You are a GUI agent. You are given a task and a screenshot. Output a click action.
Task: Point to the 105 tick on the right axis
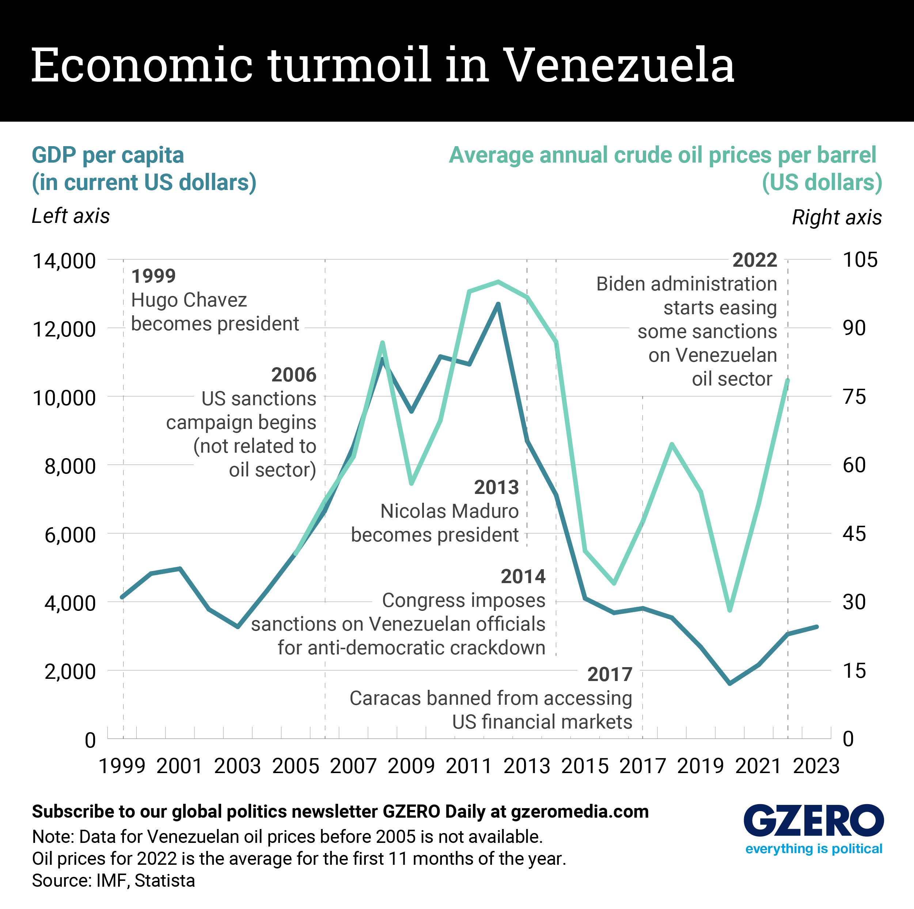click(860, 260)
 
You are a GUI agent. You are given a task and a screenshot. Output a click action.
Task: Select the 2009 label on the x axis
click(411, 766)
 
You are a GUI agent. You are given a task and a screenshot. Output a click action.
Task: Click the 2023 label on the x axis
click(816, 766)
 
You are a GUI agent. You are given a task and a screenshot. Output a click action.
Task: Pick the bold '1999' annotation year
click(153, 276)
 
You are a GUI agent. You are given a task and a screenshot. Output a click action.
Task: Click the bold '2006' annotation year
click(293, 374)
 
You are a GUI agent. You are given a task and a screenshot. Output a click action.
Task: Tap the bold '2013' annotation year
click(496, 487)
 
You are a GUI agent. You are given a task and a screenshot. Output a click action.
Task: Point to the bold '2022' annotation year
click(755, 260)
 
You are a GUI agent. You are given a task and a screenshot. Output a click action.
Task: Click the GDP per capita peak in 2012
click(498, 304)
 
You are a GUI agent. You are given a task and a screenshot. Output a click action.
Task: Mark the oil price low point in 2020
click(729, 610)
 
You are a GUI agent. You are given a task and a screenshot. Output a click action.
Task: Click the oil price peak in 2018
click(672, 444)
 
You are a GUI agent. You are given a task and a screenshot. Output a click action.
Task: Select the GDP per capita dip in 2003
click(238, 627)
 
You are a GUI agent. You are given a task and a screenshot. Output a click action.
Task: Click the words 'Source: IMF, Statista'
click(113, 881)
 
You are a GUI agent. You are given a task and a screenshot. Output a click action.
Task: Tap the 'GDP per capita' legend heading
click(108, 155)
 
